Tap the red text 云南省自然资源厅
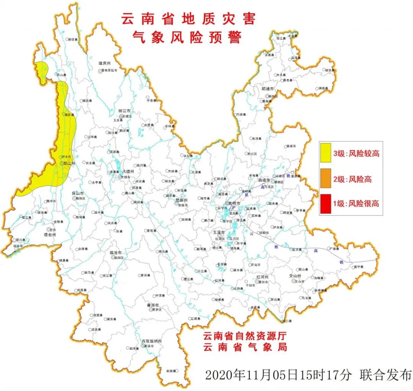[245, 336]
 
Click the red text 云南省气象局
[245, 347]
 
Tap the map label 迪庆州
[104, 63]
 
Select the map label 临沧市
[115, 253]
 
